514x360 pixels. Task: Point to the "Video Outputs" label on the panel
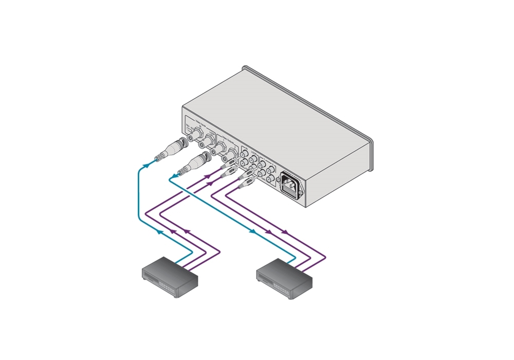[x=227, y=138]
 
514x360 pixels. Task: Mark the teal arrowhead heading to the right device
[x=252, y=231]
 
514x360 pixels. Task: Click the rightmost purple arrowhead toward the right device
[x=284, y=232]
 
